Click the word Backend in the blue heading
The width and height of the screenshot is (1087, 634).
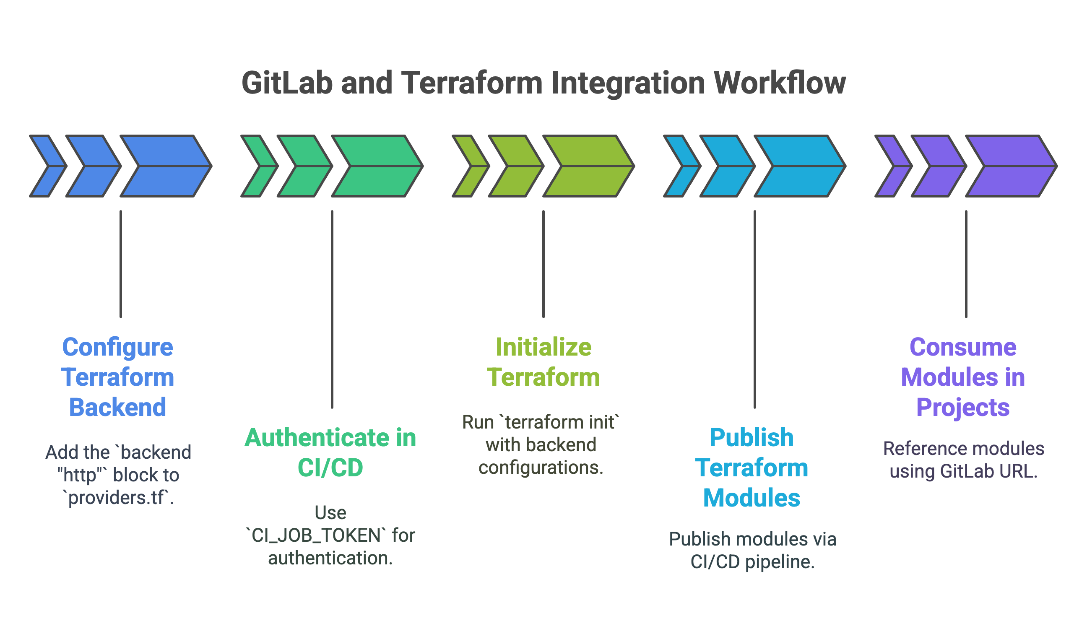pos(117,408)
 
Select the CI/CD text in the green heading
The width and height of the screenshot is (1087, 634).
pos(330,468)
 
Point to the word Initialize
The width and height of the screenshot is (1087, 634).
pos(543,347)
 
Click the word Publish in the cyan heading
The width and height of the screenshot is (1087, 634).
pos(752,438)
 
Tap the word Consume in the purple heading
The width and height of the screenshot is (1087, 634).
pos(963,347)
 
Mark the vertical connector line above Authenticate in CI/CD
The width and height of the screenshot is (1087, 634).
pos(332,308)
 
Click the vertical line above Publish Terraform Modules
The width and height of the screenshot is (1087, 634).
pos(755,308)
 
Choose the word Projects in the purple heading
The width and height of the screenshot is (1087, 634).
pos(963,408)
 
